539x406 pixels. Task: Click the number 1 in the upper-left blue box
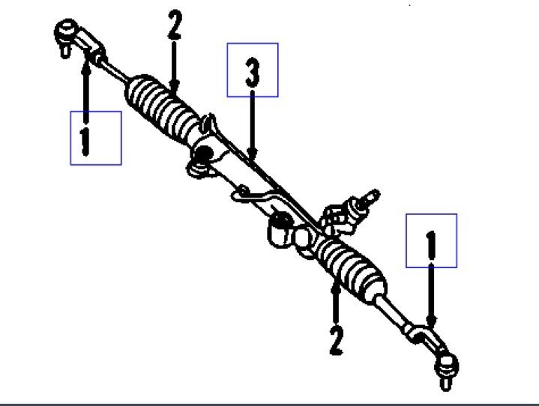[x=86, y=139]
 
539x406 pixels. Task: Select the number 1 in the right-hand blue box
[x=431, y=242]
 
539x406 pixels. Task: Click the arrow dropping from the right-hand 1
[x=431, y=296]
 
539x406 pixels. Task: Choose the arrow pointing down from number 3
[x=253, y=127]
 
